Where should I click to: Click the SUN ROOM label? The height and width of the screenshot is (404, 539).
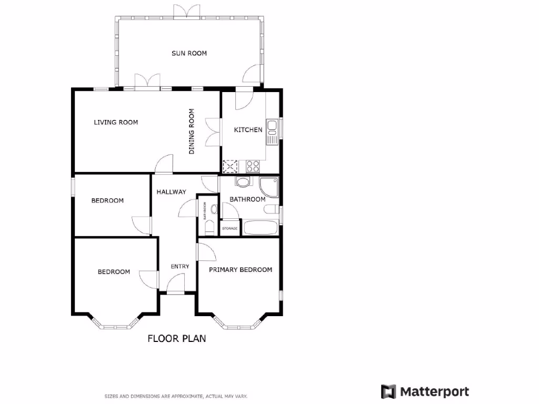click(189, 53)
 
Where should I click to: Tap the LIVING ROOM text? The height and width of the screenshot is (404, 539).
click(116, 123)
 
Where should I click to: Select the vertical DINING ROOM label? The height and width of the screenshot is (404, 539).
click(192, 132)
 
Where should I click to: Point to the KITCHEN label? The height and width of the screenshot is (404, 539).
click(248, 130)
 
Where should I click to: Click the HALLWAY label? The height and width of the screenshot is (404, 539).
click(171, 192)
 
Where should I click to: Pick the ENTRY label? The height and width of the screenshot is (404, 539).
click(179, 267)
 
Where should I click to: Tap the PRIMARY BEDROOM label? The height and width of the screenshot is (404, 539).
click(241, 270)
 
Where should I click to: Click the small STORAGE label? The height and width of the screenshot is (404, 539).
click(229, 228)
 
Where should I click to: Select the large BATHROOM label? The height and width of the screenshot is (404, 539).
click(247, 199)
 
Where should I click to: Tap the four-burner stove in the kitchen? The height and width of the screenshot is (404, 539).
click(253, 167)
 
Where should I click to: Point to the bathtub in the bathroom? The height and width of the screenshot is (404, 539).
click(261, 228)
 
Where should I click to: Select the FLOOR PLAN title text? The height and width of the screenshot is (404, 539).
click(176, 338)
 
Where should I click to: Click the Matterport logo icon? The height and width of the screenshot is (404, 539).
click(388, 392)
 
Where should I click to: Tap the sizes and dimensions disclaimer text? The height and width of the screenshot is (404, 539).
click(176, 396)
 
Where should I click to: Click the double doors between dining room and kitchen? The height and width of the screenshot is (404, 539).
click(213, 132)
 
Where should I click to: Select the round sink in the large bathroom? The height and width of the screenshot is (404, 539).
click(243, 183)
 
